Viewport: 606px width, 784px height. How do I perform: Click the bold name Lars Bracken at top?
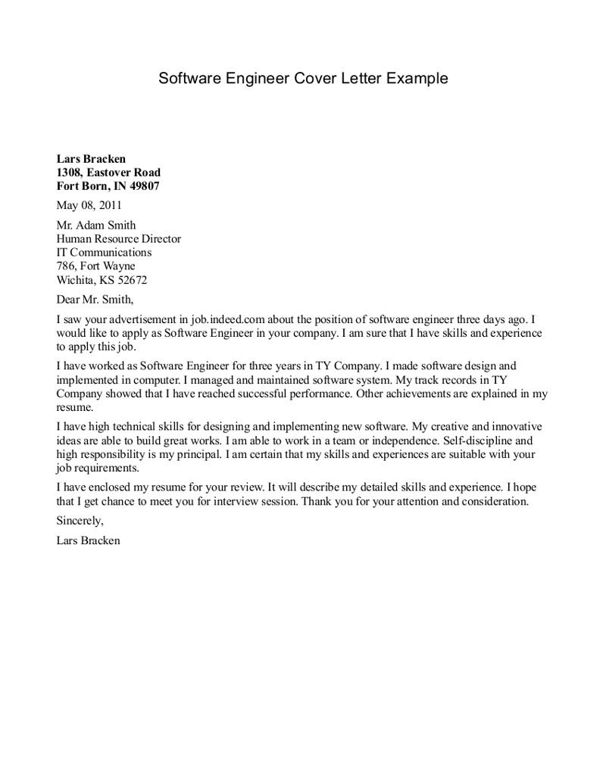point(91,159)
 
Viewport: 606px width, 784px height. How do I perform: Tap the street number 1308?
point(70,173)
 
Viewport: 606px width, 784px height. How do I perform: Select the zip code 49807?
point(144,186)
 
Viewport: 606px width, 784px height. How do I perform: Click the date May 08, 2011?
point(89,204)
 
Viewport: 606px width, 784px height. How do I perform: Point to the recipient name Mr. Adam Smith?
point(96,225)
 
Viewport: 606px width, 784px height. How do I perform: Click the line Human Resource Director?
point(118,238)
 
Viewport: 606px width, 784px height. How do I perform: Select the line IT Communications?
point(104,252)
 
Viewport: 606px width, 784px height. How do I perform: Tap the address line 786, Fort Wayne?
point(96,266)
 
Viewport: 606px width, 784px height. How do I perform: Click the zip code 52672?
point(131,280)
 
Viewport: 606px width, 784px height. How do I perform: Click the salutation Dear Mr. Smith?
point(95,299)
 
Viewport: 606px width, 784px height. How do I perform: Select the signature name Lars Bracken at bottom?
point(88,541)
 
